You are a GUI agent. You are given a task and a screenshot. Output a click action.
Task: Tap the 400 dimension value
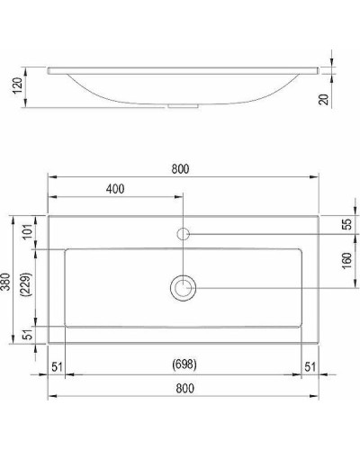pyautogui.click(x=114, y=189)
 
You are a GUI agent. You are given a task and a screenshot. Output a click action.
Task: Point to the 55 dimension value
pyautogui.click(x=345, y=224)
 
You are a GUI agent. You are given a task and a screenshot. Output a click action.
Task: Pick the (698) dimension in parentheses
pyautogui.click(x=184, y=364)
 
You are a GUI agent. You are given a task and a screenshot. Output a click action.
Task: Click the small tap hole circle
pyautogui.click(x=184, y=234)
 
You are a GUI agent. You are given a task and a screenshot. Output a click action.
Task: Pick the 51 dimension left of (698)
pyautogui.click(x=57, y=364)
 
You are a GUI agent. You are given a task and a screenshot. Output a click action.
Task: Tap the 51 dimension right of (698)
pyautogui.click(x=310, y=364)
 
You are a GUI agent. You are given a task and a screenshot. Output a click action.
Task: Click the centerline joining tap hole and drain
pyautogui.click(x=184, y=259)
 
